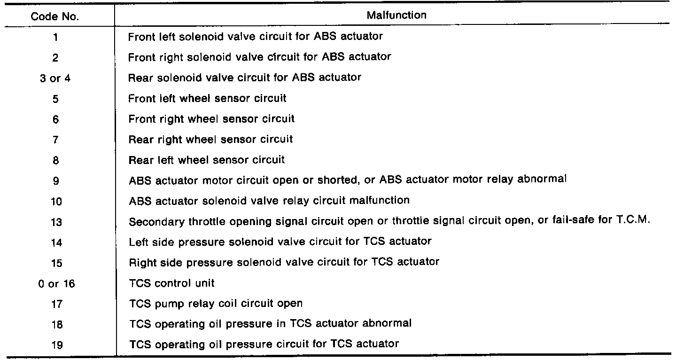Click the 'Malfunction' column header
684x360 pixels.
(396, 15)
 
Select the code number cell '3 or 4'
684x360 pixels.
(55, 78)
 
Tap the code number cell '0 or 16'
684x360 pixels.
(56, 284)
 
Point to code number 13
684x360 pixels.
(56, 222)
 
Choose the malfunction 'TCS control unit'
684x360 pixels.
(172, 283)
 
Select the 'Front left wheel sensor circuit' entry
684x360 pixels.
(207, 98)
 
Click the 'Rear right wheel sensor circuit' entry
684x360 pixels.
(210, 139)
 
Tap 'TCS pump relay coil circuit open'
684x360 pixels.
(216, 304)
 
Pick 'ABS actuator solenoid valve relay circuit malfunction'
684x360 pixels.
(269, 201)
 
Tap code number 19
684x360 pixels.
(56, 345)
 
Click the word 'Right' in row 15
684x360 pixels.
(140, 262)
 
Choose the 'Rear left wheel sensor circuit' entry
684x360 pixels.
(207, 160)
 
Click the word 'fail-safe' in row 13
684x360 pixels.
(567, 220)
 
